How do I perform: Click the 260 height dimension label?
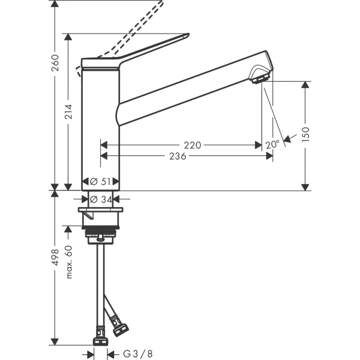tap(55, 62)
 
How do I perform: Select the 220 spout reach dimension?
tap(193, 145)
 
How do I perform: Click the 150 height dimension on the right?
tap(305, 133)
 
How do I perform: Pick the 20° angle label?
tap(272, 145)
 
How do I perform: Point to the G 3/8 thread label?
tap(137, 355)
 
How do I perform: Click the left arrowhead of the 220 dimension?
tap(103, 145)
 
